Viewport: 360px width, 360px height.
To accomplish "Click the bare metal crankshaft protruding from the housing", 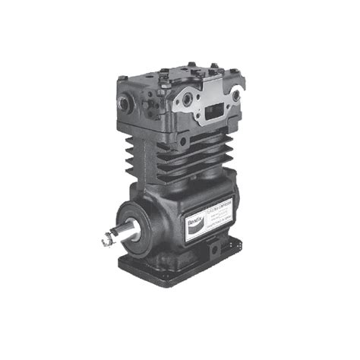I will coord(122,234).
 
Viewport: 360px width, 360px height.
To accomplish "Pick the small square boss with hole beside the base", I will coord(216,248).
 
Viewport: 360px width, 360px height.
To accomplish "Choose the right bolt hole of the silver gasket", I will coord(235,96).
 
